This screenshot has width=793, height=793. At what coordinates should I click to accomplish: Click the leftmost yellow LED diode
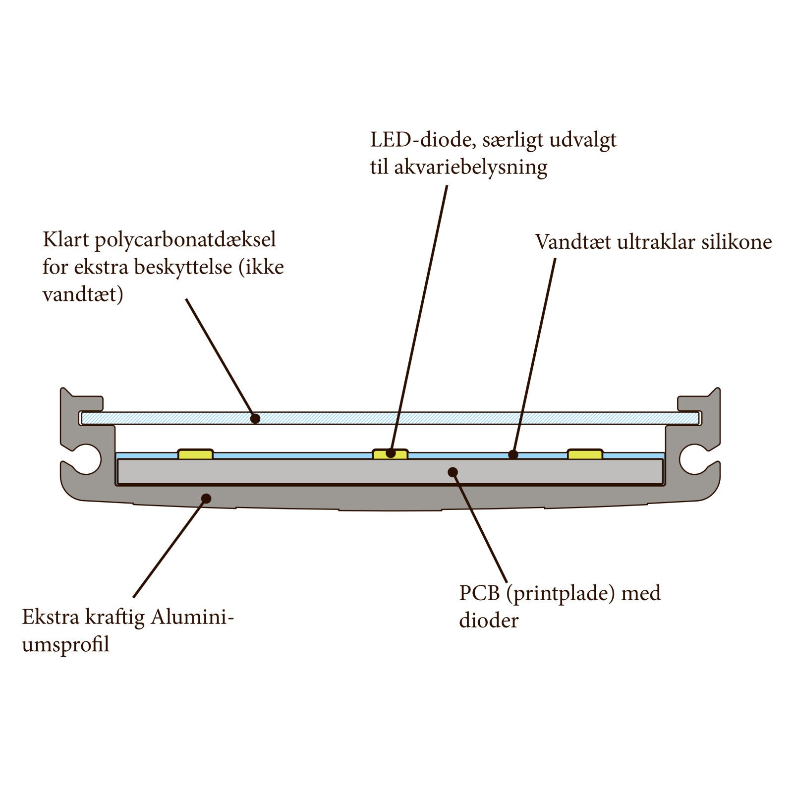coord(195,454)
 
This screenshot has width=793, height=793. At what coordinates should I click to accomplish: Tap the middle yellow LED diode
coord(390,454)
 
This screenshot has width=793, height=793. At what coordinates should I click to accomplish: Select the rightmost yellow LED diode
coord(585,454)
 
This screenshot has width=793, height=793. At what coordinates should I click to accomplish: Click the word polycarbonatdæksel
coord(185,240)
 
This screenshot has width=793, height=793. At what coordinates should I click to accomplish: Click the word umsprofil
coord(65,645)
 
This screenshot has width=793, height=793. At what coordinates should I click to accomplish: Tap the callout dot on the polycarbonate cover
coord(255,419)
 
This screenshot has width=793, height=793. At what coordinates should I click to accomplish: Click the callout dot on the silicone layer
coord(513,454)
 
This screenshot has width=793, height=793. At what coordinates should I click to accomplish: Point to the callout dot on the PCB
coord(453,472)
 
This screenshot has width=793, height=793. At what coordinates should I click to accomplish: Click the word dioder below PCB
coord(488,621)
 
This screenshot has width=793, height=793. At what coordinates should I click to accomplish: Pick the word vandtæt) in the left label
coord(83,295)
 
